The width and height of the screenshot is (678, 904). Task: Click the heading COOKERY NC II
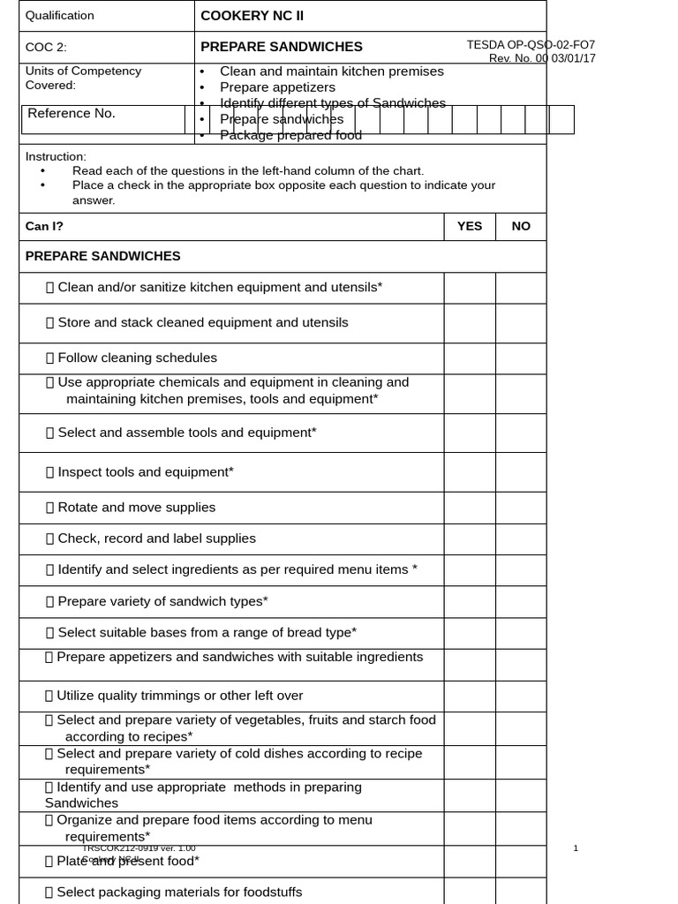pos(252,15)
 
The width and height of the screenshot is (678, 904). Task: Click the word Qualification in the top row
pos(59,16)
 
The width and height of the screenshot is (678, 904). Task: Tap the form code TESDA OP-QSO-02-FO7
pos(531,45)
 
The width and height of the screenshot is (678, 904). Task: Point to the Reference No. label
pos(72,113)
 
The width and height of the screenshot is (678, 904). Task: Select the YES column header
pos(470,226)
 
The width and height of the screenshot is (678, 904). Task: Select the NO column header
pos(521,226)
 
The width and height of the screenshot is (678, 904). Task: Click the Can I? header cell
pos(44,226)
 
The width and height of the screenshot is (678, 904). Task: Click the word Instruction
pos(55,156)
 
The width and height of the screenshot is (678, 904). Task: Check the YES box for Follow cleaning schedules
pos(470,358)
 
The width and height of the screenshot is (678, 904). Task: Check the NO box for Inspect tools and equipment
pos(521,472)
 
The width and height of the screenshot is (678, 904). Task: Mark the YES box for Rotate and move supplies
pos(470,508)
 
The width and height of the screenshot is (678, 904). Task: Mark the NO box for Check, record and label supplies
pos(521,539)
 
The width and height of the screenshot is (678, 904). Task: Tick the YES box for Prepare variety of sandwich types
pos(470,601)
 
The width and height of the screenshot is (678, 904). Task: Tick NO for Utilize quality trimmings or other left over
pos(521,697)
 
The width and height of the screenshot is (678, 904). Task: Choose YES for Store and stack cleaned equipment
pos(470,323)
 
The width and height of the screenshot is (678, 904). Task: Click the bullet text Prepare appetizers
pos(277,87)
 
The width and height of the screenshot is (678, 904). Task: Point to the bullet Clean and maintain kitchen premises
pos(331,72)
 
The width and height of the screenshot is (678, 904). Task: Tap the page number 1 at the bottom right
pos(576,848)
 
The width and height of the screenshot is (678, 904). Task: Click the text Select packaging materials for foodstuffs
pos(179,893)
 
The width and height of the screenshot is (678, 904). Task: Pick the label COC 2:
pos(46,47)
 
